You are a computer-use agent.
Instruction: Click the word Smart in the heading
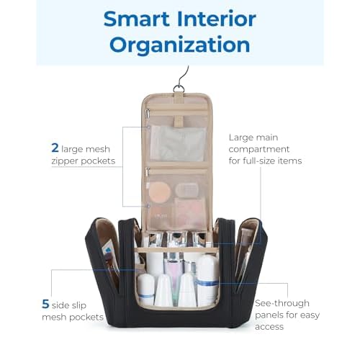(x=137, y=19)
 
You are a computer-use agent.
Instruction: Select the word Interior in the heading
(x=217, y=19)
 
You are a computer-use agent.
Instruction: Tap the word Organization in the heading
(x=180, y=45)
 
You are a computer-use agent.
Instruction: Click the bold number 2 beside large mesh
(x=55, y=148)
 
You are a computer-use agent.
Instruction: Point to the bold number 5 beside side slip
(x=45, y=304)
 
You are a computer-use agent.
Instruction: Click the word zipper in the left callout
(x=65, y=161)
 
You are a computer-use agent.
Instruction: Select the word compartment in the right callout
(x=259, y=150)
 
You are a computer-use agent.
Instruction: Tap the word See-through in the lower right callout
(x=282, y=303)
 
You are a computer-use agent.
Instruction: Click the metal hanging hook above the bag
(x=182, y=79)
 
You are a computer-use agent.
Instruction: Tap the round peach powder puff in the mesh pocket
(x=159, y=192)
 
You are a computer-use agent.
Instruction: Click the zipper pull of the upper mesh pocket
(x=148, y=113)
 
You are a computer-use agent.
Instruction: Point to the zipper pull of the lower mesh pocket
(x=148, y=172)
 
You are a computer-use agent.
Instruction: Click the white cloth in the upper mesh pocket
(x=178, y=143)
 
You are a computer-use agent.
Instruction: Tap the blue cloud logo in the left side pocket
(x=108, y=250)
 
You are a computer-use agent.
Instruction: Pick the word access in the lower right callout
(x=269, y=327)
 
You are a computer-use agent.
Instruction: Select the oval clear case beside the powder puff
(x=187, y=190)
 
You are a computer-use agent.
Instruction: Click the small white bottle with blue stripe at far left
(x=146, y=289)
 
